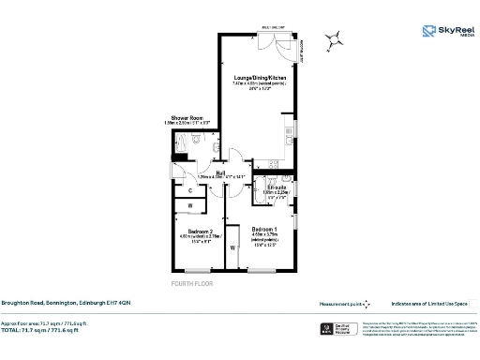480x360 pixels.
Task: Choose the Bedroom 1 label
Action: (x=267, y=228)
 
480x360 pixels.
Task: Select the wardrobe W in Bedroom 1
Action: (x=232, y=248)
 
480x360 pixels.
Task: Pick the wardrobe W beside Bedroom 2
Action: (x=190, y=205)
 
